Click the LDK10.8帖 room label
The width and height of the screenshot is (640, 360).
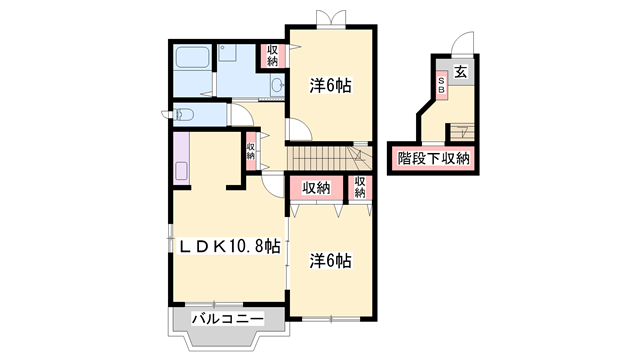click(229, 244)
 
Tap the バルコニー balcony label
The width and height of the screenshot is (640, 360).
click(227, 319)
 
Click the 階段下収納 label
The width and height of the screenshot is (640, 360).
click(433, 158)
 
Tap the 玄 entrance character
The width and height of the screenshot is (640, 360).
click(460, 72)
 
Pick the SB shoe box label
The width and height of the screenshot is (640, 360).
click(440, 85)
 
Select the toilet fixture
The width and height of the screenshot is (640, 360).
click(182, 115)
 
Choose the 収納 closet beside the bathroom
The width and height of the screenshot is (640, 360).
click(272, 54)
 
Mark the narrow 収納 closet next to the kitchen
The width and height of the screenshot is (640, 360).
click(251, 150)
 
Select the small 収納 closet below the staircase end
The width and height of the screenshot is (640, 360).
click(358, 187)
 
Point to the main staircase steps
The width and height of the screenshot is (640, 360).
click(325, 158)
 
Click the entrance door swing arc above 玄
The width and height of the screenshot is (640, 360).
click(460, 43)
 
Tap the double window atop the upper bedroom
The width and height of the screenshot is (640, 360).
click(330, 19)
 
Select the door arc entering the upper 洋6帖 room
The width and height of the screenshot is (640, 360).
click(296, 129)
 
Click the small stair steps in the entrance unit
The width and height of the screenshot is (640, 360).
click(461, 131)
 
